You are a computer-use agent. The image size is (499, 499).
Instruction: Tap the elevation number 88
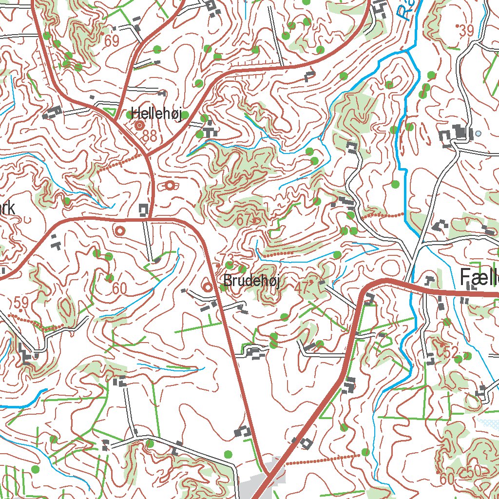coord(150,136)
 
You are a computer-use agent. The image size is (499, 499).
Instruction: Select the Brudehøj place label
coord(251,281)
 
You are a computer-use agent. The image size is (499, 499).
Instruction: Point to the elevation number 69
coord(112,41)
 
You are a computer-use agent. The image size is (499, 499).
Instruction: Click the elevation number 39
coord(466,31)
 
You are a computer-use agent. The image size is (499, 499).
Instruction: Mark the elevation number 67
coord(243,220)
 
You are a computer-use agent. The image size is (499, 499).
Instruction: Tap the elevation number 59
coord(21,303)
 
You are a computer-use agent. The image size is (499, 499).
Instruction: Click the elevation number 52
coord(451,352)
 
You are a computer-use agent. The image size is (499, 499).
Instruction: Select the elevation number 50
coord(473,471)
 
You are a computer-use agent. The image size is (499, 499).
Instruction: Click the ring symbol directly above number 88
coord(139,125)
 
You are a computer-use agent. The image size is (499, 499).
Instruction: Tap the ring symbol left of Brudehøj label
coord(208,287)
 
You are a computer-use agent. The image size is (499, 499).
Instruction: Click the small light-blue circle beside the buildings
coord(478,133)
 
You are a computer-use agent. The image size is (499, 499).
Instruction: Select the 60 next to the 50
coord(447,479)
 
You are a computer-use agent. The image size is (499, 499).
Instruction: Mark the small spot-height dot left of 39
coord(457,25)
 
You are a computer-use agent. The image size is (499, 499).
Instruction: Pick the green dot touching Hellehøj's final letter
coord(185,115)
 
